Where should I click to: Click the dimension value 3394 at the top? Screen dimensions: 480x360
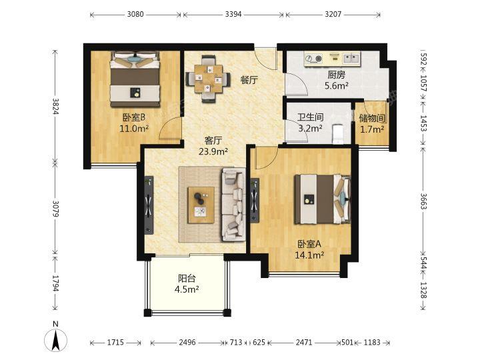pos(233,14)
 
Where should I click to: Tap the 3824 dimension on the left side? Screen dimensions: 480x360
pos(55,106)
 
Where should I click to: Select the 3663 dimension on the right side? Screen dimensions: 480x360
pos(423,201)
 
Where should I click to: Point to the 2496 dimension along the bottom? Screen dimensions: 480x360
pos(187,342)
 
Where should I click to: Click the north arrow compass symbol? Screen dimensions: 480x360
pos(55,339)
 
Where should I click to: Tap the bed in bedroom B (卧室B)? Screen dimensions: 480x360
pos(135,79)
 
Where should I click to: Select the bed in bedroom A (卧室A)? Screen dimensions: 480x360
pos(323,199)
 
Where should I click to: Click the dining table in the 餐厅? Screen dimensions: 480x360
pos(209,79)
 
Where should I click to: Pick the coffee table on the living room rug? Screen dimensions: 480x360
pos(201,205)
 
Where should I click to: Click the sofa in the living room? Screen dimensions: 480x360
pos(233,205)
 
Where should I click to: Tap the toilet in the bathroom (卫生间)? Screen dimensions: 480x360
pos(337,134)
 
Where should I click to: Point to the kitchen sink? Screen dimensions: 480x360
pos(351,58)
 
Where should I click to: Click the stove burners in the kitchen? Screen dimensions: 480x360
pos(314,58)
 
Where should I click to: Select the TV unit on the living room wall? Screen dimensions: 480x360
pos(149,205)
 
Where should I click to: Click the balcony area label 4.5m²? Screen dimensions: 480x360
pos(187,289)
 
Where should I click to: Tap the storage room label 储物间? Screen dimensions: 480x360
pos(372,118)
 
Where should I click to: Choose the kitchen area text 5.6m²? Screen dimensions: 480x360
pos(337,85)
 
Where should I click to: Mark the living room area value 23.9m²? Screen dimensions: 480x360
pos(213,151)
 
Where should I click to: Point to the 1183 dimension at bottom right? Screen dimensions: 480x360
pos(372,342)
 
